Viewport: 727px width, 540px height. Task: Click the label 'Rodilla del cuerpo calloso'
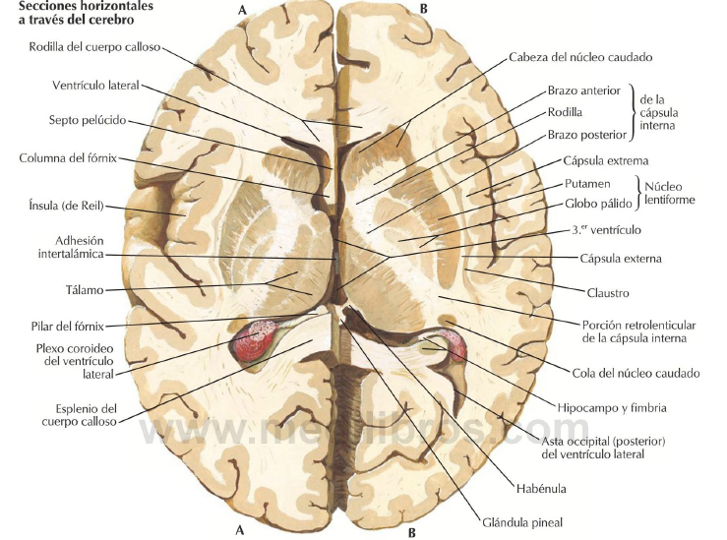coord(94,47)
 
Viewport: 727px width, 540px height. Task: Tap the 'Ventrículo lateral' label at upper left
coord(95,86)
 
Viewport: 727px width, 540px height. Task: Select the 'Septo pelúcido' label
coord(88,121)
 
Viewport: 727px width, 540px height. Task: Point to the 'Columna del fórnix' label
coord(68,158)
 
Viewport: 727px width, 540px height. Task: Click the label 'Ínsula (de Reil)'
coord(66,206)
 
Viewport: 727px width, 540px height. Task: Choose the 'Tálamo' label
coord(85,290)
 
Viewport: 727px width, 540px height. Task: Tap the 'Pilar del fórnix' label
coord(68,327)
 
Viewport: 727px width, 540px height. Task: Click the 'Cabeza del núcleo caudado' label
coord(580,57)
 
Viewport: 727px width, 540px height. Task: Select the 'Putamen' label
coord(587,184)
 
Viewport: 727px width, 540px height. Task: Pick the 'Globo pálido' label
coord(598,204)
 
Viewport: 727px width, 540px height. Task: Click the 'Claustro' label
coord(608,293)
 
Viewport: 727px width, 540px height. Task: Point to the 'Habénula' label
coord(541,489)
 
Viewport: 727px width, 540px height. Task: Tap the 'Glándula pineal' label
coord(522,523)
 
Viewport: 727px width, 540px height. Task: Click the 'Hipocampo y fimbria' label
coord(612,408)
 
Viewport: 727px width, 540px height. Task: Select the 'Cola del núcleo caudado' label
coord(636,374)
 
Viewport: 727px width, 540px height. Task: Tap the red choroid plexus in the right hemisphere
coord(454,343)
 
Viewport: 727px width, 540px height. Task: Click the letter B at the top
coord(423,8)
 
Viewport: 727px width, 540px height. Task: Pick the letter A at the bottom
coord(240,530)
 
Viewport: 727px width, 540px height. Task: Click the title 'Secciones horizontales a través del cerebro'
coord(86,14)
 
